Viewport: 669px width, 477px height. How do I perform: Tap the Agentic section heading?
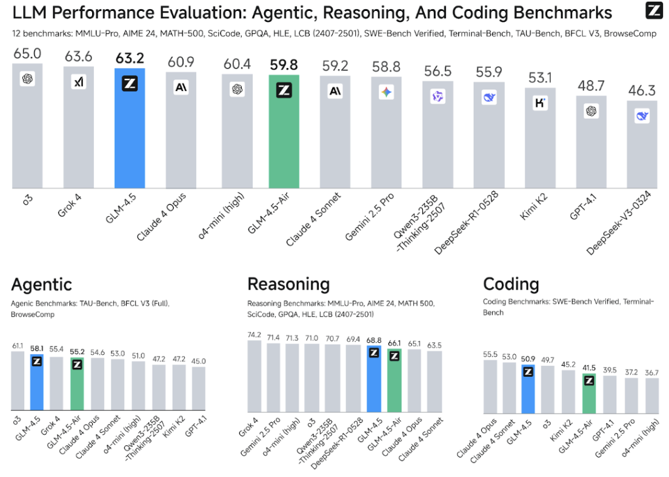tap(41, 284)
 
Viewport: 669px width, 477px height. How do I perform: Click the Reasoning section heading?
tap(288, 284)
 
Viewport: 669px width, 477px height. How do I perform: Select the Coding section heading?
tap(511, 284)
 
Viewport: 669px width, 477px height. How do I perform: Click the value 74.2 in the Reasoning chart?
tap(255, 334)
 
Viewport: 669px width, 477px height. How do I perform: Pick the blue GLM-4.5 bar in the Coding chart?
tap(528, 388)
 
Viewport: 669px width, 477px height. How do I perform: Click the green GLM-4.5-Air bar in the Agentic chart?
tap(77, 388)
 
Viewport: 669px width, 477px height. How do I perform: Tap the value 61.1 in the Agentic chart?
tap(18, 346)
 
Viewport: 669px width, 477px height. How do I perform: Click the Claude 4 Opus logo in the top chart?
tap(181, 87)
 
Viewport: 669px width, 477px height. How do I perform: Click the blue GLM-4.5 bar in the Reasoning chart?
tap(374, 382)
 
